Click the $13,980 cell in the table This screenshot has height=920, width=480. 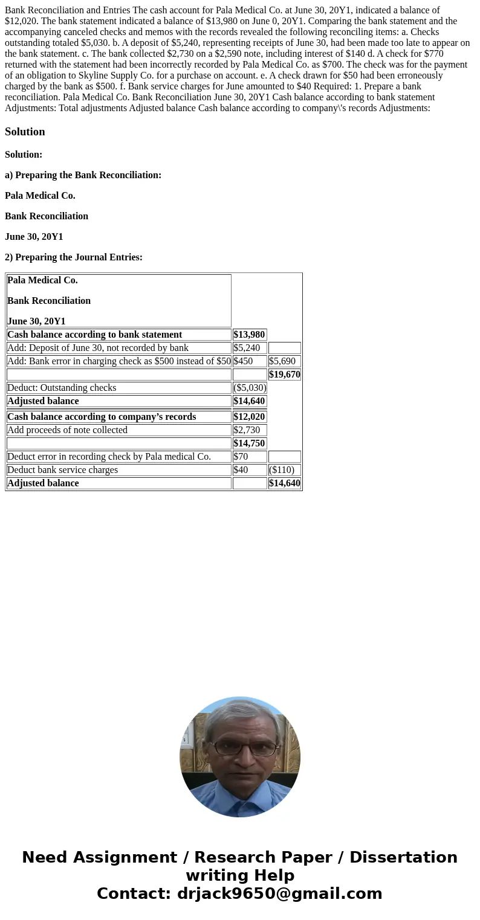click(249, 335)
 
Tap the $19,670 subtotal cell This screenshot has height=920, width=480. click(284, 375)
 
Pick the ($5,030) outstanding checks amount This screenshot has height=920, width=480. click(250, 388)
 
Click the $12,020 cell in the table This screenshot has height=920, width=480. click(249, 417)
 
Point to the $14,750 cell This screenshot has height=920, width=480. click(249, 443)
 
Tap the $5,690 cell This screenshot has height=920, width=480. click(282, 361)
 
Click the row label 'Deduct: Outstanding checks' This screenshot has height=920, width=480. click(62, 388)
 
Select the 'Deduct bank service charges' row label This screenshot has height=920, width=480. click(63, 470)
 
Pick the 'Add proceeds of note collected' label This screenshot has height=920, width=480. click(68, 430)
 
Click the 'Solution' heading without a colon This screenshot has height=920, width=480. click(25, 132)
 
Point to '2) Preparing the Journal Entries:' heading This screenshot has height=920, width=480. click(74, 257)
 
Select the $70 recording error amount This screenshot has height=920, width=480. click(241, 457)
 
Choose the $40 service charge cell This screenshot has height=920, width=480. click(241, 470)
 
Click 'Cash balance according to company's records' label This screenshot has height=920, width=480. click(102, 417)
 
